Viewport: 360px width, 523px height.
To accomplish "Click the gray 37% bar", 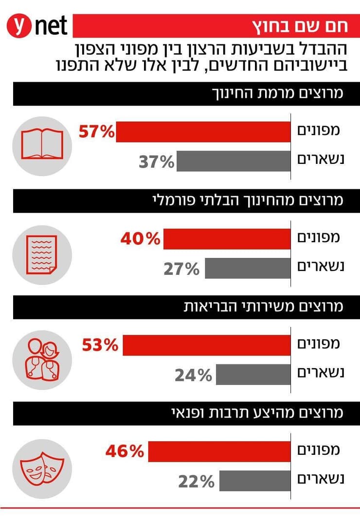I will (x=233, y=162).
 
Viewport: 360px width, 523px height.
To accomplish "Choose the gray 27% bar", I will (x=247, y=269).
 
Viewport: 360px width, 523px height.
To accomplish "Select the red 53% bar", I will (x=206, y=345).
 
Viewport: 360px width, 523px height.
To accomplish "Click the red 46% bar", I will (x=219, y=451).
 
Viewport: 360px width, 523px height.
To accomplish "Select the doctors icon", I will (x=42, y=360).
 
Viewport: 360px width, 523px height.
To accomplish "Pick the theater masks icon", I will (x=42, y=466).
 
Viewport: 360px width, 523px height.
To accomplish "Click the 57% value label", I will (x=96, y=132).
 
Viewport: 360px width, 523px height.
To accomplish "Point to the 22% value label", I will (x=196, y=482).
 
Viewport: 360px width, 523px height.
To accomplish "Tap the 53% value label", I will (x=101, y=345).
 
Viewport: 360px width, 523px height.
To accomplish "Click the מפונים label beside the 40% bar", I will (x=318, y=238).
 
